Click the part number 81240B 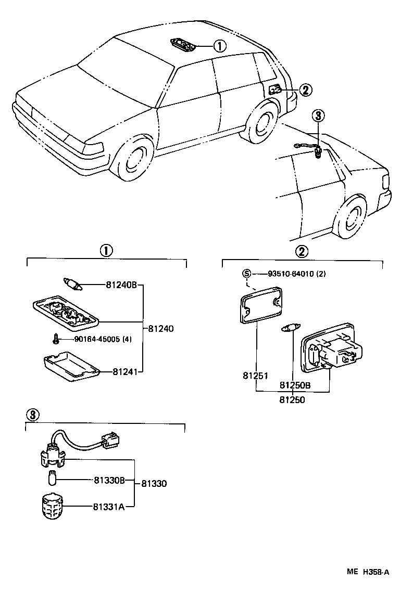pyautogui.click(x=121, y=285)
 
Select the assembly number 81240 pyautogui.click(x=161, y=329)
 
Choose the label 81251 pyautogui.click(x=255, y=375)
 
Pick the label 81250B pyautogui.click(x=295, y=385)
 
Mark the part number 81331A pyautogui.click(x=109, y=506)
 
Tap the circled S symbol pyautogui.click(x=247, y=274)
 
